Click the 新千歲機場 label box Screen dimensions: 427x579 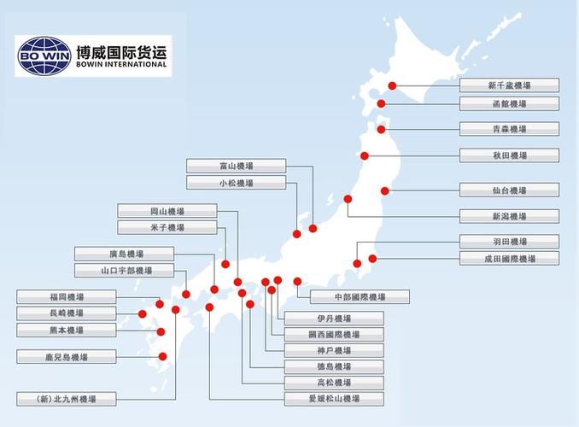pos(509,85)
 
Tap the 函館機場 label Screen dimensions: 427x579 pos(509,103)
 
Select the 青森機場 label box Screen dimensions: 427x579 pos(509,129)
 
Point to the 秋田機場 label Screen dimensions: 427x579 pos(509,155)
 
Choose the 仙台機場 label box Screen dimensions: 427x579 pos(509,190)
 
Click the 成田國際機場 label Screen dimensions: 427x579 pos(509,258)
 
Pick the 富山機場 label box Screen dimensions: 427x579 pos(236,166)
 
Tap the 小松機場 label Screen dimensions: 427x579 pos(236,183)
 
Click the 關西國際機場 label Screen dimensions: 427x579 pos(334,334)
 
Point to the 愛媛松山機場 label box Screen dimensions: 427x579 pos(334,398)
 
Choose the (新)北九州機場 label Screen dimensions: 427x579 pos(67,398)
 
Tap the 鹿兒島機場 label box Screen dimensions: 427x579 pos(67,356)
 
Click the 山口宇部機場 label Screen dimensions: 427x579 pos(125,270)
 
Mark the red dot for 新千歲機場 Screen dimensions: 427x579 pos(392,85)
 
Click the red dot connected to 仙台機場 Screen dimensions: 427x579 pos(385,190)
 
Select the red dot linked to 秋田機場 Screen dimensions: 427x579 pos(365,155)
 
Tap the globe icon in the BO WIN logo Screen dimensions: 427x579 pos(44,56)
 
